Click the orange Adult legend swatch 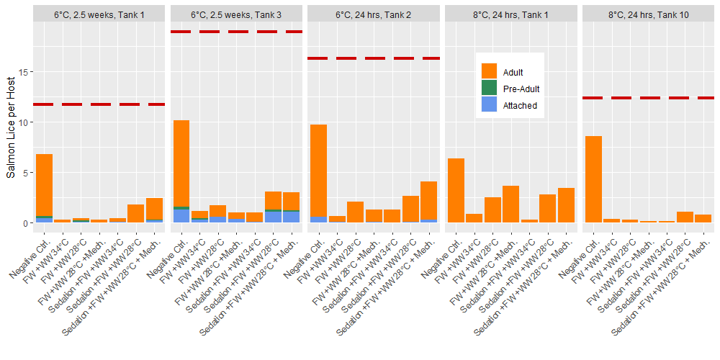(x=490, y=71)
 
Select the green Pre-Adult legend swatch (x=490, y=89)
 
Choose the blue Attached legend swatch (x=490, y=105)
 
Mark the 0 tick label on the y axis (x=26, y=223)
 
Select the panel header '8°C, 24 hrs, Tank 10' (x=648, y=13)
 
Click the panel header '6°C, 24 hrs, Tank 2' (x=374, y=13)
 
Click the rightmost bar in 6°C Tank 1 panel (x=154, y=210)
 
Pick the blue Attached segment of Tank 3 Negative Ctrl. (x=181, y=216)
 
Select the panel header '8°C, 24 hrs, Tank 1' (x=510, y=13)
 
